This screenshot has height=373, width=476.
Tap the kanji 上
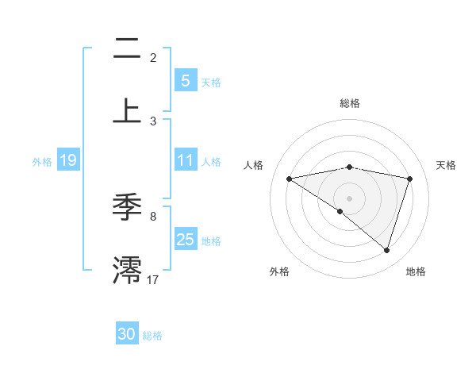(x=127, y=109)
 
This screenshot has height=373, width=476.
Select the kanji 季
(x=127, y=208)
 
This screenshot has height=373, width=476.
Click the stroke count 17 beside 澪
(x=153, y=279)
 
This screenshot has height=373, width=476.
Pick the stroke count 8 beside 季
(x=153, y=216)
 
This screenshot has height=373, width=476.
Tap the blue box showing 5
(x=185, y=81)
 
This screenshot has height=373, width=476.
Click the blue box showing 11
(x=185, y=160)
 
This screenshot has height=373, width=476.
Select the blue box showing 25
(x=185, y=240)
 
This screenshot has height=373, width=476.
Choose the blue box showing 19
(x=67, y=160)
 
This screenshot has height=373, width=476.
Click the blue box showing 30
(x=127, y=334)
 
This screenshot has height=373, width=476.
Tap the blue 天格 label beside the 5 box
(x=211, y=82)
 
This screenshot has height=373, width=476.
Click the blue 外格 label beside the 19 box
(x=42, y=161)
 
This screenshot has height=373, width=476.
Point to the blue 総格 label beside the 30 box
(x=152, y=335)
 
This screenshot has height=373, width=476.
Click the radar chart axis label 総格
(x=350, y=103)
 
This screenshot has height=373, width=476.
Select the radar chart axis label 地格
(x=416, y=271)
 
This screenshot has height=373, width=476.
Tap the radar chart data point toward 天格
(x=410, y=179)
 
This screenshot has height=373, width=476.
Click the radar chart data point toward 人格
(x=290, y=179)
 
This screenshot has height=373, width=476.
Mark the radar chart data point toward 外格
(x=340, y=211)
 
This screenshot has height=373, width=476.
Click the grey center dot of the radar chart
(x=350, y=198)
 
